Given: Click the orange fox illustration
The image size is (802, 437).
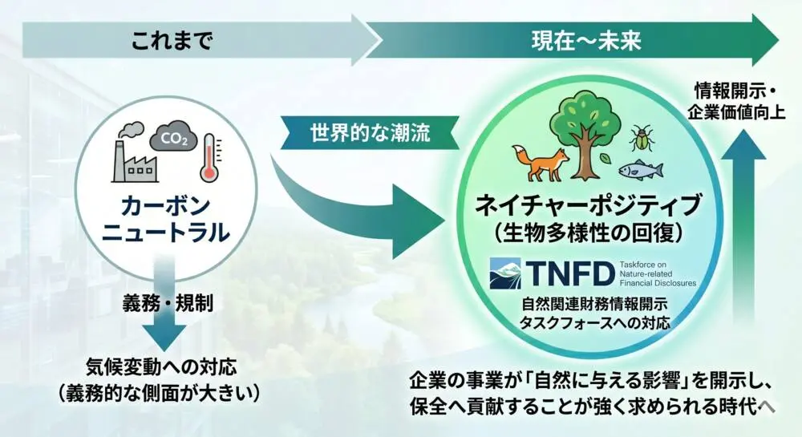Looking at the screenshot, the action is click(x=541, y=163).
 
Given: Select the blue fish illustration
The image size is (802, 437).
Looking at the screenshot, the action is click(x=640, y=170).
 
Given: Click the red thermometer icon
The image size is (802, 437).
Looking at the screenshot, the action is click(x=209, y=157).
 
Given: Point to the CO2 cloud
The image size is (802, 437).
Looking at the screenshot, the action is click(x=173, y=136).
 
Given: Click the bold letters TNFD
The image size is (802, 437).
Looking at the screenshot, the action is click(x=570, y=273).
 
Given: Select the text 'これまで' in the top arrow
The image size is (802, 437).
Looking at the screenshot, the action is click(x=172, y=40).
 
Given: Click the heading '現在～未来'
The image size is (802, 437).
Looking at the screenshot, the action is click(x=585, y=40).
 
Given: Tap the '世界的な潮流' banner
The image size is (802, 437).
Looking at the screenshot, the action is click(x=371, y=133).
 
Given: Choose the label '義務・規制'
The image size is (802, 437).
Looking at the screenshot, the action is click(x=168, y=304).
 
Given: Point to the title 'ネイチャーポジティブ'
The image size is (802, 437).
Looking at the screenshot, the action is click(x=588, y=205).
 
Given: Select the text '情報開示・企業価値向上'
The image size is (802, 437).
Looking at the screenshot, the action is click(x=736, y=101).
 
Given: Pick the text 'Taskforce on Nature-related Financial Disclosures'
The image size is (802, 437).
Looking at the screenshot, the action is click(x=658, y=273).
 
